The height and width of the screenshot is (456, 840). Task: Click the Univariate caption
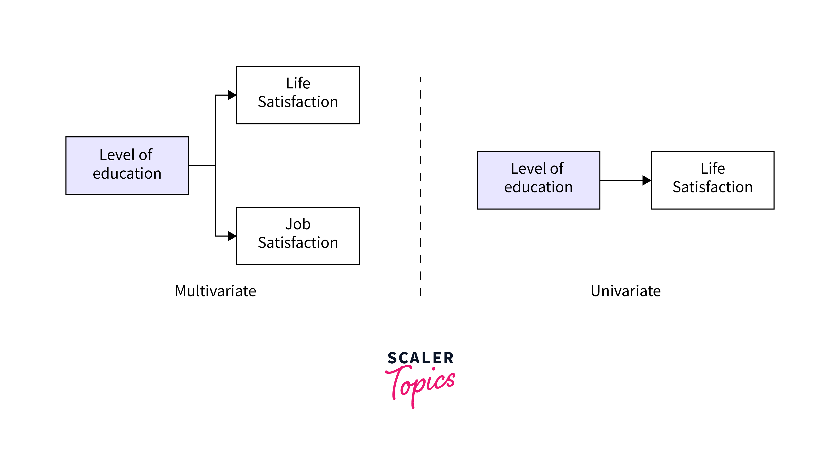pos(625,291)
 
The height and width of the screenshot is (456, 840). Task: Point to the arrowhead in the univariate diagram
pos(646,180)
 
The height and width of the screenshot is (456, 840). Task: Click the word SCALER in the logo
pos(421,358)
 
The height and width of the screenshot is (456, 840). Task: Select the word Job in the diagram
pos(298,224)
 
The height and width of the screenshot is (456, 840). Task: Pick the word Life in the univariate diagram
pos(713,169)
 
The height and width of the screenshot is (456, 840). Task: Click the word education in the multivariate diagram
pos(127,173)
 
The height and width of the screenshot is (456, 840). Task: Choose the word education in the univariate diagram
pos(538,187)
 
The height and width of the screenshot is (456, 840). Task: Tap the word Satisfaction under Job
pos(298,243)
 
